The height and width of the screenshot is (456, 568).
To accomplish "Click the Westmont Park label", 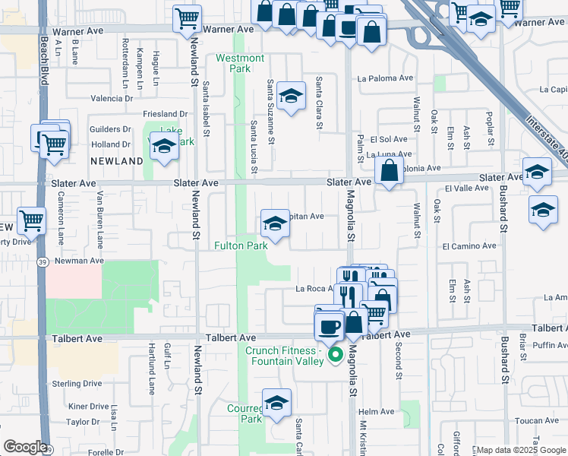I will (x=240, y=63).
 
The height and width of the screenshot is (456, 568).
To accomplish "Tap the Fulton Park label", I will (x=241, y=246).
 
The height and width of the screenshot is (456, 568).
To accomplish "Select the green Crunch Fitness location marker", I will (x=333, y=355).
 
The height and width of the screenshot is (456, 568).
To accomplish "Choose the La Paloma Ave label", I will (x=385, y=78).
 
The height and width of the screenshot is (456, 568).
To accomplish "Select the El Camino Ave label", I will (x=469, y=246).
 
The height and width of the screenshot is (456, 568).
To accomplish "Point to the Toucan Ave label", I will (x=537, y=420).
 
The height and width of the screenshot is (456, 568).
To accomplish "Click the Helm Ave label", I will (x=377, y=412).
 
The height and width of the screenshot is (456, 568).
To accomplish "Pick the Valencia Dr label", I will (x=112, y=98).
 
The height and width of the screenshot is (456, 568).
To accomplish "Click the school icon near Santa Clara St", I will (x=290, y=97).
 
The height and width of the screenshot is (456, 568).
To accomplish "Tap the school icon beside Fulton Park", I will (x=275, y=223).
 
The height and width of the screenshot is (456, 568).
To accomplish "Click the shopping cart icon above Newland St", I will (x=187, y=18).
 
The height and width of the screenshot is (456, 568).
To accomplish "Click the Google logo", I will (x=25, y=447).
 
